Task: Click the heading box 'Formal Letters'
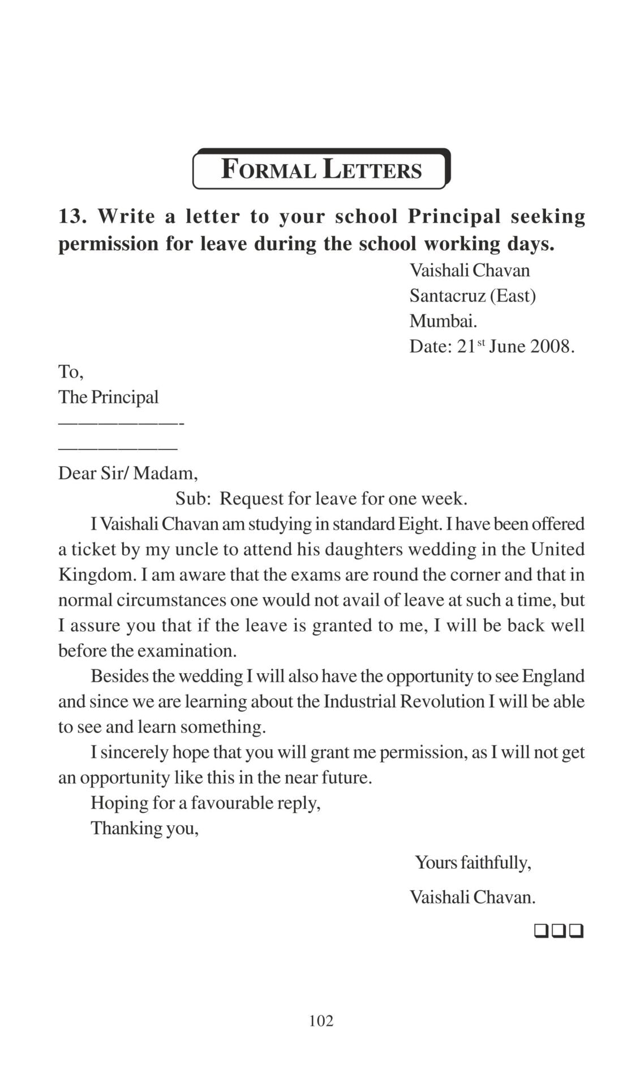point(321,169)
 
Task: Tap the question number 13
point(72,216)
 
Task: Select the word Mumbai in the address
point(443,321)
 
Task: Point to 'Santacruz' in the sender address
point(446,295)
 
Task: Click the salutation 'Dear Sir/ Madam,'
point(128,473)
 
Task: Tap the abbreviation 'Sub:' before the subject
point(193,498)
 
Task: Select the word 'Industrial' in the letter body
point(359,701)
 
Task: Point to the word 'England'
point(553,676)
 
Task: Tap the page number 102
point(321,1020)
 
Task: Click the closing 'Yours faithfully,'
point(473,863)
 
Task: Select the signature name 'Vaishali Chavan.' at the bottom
point(473,897)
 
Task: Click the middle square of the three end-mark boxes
point(559,930)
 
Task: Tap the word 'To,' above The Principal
point(71,372)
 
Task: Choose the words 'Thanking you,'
point(145,828)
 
